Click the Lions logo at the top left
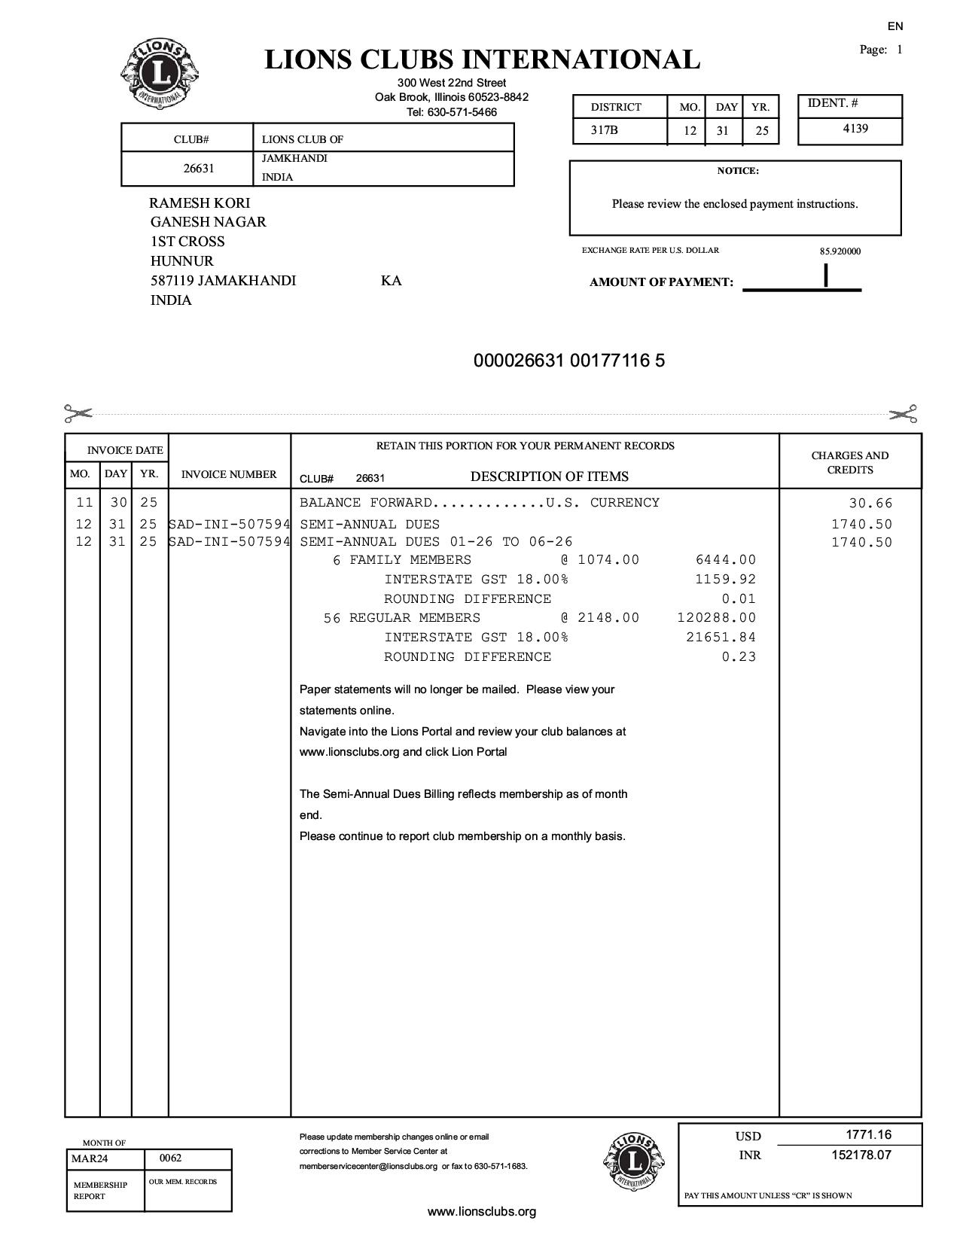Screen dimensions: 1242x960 160,74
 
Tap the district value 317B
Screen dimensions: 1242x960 605,130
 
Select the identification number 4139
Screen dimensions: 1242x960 855,129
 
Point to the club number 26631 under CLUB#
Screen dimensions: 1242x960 199,169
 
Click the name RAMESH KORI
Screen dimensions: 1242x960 200,202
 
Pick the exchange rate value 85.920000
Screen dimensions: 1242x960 840,251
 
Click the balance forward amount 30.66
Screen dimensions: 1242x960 870,504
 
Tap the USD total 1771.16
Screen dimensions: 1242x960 868,1134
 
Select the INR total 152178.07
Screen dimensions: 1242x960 861,1155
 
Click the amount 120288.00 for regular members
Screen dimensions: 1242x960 716,618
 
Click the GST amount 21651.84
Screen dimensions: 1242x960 721,638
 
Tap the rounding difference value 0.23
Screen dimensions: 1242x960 739,657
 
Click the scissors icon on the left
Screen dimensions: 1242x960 78,413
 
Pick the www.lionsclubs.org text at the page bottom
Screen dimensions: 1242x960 482,1211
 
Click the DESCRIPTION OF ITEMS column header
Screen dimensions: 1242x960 549,476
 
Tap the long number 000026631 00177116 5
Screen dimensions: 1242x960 569,361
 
